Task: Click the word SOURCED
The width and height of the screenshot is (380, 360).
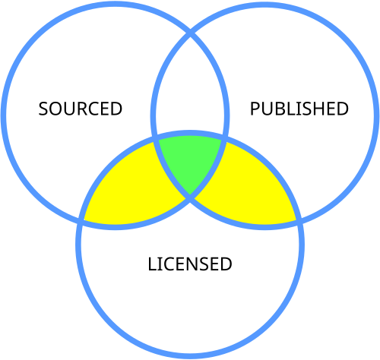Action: (81, 109)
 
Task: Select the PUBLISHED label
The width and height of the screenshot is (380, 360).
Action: (299, 109)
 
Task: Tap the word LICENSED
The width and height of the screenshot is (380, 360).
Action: (190, 264)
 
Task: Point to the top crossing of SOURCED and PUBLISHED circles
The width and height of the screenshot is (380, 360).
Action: (190, 33)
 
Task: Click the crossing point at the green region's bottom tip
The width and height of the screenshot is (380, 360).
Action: (190, 197)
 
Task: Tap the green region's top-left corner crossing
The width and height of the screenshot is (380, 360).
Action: (155, 139)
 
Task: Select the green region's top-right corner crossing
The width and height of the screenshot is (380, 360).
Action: (225, 139)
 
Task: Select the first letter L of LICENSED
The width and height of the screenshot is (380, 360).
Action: (152, 264)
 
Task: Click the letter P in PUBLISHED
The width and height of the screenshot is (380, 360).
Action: (255, 109)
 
